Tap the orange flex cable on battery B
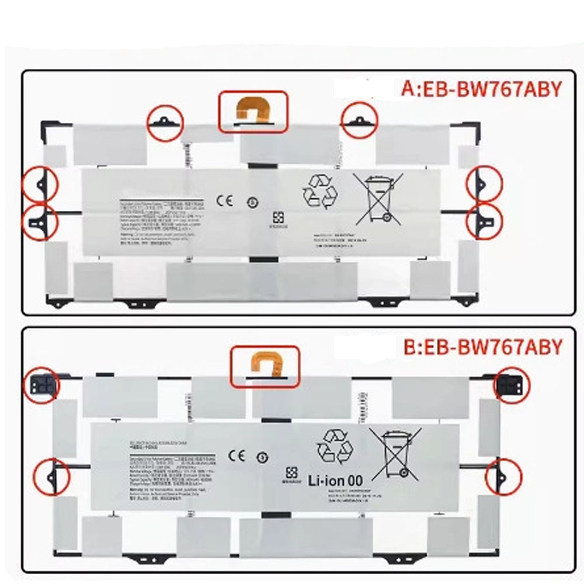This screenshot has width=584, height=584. pos(265,366)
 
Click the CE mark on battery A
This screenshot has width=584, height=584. pos(225,201)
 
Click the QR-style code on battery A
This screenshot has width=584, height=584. pos(277,219)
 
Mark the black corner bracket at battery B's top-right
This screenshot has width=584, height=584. pos(511,384)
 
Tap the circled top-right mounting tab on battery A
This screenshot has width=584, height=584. pos(359,121)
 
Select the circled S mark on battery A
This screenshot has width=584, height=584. pos(250,203)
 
